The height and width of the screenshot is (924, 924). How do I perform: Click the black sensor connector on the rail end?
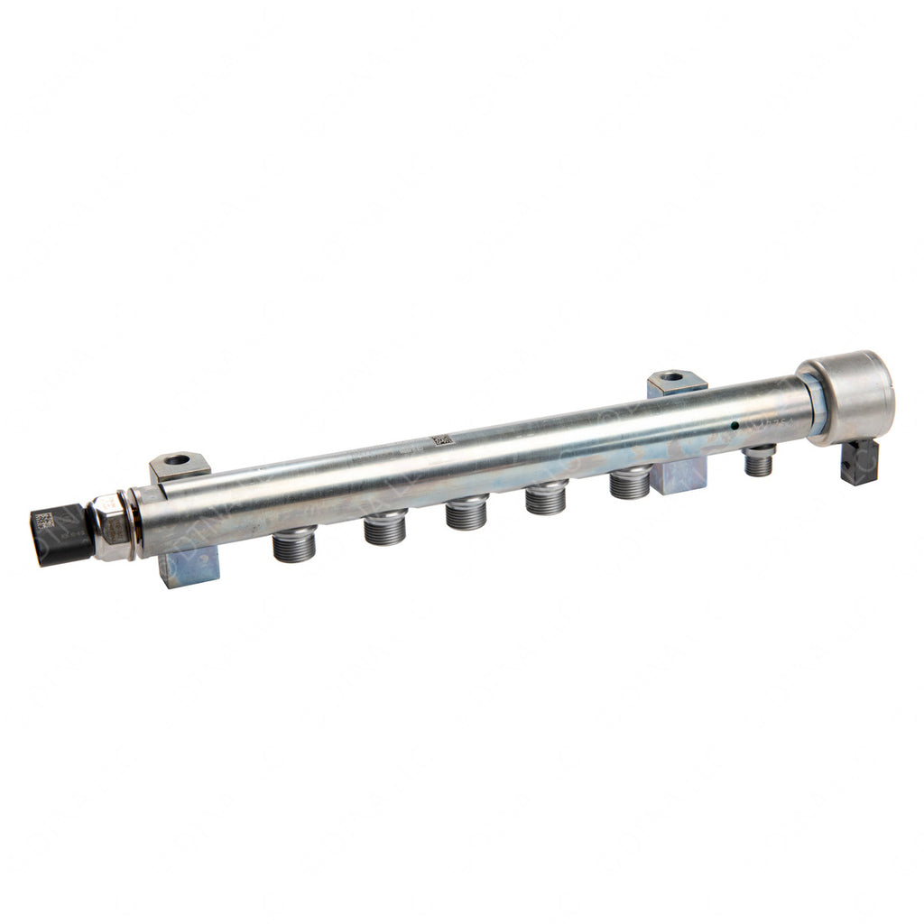coord(61,535)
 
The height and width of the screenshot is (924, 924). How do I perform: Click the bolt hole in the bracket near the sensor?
coord(178,460)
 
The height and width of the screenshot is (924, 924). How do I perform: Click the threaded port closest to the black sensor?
coord(294,544)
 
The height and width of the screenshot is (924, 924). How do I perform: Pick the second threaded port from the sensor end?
coord(385,527)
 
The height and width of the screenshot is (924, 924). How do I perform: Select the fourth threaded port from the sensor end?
coord(546,497)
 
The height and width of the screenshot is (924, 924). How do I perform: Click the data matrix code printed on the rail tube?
coord(440,440)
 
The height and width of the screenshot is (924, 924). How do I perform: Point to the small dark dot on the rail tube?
coord(735,425)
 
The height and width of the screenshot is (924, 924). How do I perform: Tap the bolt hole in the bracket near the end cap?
coord(672,376)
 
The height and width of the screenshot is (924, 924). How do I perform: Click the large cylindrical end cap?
coord(848,397)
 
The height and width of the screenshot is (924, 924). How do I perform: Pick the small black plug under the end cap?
coord(859,461)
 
